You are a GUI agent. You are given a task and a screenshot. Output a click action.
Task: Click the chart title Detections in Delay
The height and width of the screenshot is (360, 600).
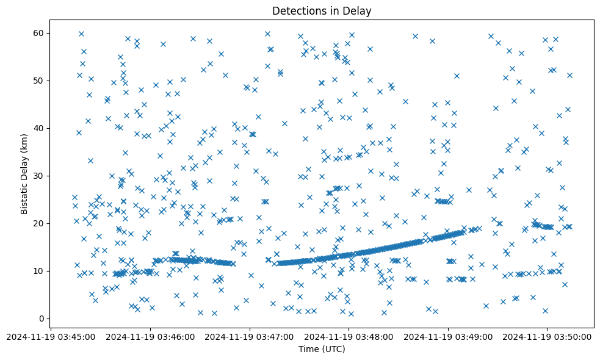coord(322,11)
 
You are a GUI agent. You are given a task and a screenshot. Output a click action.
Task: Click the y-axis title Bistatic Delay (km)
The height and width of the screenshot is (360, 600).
coord(24,173)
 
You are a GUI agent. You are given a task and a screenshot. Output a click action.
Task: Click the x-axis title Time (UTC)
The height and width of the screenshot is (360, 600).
coord(322,349)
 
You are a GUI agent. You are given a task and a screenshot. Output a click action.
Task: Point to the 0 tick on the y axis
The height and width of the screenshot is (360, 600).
coord(42,319)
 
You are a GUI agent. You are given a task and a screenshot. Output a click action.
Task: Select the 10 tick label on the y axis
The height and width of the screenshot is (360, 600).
coord(40,271)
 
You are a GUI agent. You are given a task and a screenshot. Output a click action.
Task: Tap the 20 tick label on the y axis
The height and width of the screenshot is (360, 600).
coord(40,223)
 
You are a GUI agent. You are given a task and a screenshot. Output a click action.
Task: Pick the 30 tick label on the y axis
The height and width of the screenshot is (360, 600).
coord(40,176)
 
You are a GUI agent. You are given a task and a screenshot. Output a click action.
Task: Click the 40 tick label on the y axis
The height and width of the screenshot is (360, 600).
coord(40,128)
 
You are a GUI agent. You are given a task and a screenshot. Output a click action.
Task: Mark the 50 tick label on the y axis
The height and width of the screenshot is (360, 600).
coord(40,81)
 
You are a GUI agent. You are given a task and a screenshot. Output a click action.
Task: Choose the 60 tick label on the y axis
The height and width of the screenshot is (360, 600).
coord(40,33)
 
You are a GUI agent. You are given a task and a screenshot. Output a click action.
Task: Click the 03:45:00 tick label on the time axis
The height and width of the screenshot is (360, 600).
coord(51,337)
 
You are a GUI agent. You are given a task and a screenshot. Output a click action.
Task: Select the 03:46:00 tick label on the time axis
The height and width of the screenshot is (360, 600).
coord(150,337)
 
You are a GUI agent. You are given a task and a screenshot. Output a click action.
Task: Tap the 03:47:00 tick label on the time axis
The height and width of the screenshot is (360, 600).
coord(250,337)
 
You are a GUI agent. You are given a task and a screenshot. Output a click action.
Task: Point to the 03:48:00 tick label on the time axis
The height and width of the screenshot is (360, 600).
coord(349,337)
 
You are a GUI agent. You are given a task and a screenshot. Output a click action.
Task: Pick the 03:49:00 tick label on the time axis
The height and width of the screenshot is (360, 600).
coord(448,337)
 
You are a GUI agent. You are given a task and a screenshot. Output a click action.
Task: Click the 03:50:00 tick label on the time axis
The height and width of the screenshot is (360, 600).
coord(547,337)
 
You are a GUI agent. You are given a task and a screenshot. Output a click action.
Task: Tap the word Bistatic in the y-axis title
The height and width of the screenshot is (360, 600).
coord(24,195)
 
